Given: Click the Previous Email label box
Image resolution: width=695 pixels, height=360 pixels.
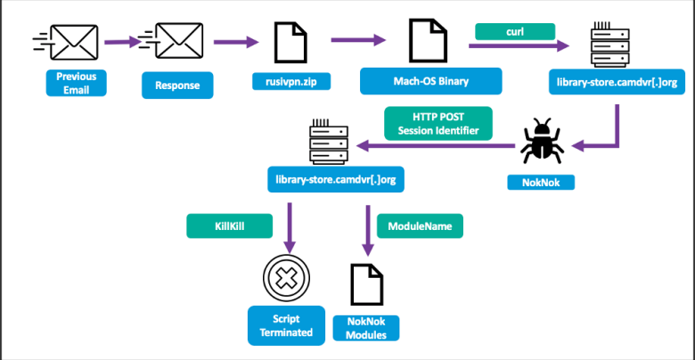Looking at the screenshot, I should click(x=76, y=83).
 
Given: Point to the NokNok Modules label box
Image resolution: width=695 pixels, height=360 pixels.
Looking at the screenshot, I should click(x=365, y=328).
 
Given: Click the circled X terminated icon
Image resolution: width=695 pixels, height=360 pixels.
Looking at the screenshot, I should click(x=286, y=279).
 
